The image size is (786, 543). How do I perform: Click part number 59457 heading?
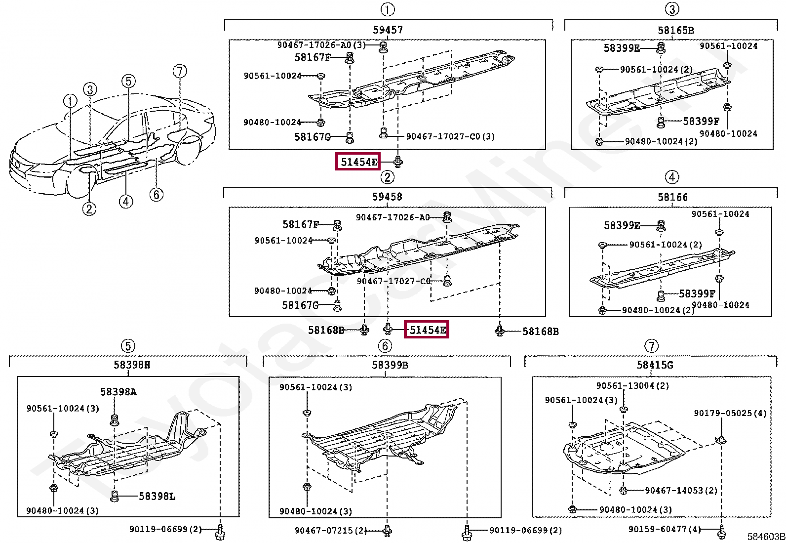pyautogui.click(x=388, y=30)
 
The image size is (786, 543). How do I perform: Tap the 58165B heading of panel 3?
pyautogui.click(x=675, y=30)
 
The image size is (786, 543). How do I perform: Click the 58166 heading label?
pyautogui.click(x=672, y=197)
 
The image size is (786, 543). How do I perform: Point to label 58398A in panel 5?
pyautogui.click(x=118, y=392)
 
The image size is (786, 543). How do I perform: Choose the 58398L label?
pyautogui.click(x=157, y=496)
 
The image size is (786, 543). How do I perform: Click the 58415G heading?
pyautogui.click(x=655, y=365)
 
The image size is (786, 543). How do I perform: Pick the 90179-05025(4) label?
pyautogui.click(x=730, y=413)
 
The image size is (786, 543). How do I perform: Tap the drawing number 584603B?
pyautogui.click(x=766, y=537)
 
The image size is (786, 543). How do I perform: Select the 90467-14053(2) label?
pyautogui.click(x=681, y=490)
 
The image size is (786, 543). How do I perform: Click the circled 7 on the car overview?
pyautogui.click(x=180, y=71)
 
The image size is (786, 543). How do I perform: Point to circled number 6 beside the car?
pyautogui.click(x=156, y=194)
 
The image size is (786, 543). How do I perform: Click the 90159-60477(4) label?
pyautogui.click(x=665, y=529)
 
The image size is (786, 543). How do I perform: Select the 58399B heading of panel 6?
pyautogui.click(x=390, y=365)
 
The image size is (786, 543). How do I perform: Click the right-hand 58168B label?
pyautogui.click(x=540, y=331)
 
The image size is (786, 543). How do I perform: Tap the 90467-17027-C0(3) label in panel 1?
pyautogui.click(x=450, y=136)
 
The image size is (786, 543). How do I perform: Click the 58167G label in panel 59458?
pyautogui.click(x=300, y=305)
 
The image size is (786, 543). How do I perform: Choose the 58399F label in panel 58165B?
pyautogui.click(x=701, y=121)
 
